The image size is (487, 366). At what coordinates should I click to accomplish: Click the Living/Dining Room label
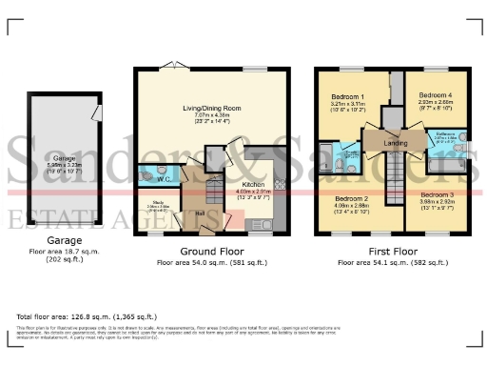tap(211, 109)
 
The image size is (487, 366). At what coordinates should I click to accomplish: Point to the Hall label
tap(201, 213)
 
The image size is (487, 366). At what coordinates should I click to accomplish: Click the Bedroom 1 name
tap(349, 97)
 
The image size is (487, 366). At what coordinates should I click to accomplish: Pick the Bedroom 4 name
tap(437, 95)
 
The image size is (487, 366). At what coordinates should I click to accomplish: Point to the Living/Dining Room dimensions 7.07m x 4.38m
tap(211, 116)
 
